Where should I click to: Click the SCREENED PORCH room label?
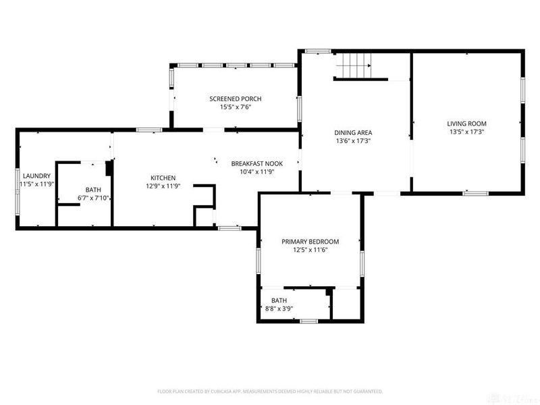235,99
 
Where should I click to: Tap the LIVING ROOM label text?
466,124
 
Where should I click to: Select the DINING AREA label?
353,132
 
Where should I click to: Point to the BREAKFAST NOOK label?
257,163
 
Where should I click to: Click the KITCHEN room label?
163,178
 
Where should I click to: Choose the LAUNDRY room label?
36,176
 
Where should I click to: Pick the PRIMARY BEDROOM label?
310,242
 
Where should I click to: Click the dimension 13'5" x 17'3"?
466,132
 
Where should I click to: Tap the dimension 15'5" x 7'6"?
236,107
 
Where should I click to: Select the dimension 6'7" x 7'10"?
93,198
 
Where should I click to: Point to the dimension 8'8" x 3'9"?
279,308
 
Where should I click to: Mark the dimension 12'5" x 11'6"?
310,250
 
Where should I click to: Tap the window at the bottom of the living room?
475,193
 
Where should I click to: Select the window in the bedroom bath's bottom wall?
308,321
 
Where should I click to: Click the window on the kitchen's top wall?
148,130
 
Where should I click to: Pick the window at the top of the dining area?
318,51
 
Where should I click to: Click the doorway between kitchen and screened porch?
213,130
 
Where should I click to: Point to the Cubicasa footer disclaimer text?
270,391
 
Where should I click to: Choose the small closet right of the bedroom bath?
346,304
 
